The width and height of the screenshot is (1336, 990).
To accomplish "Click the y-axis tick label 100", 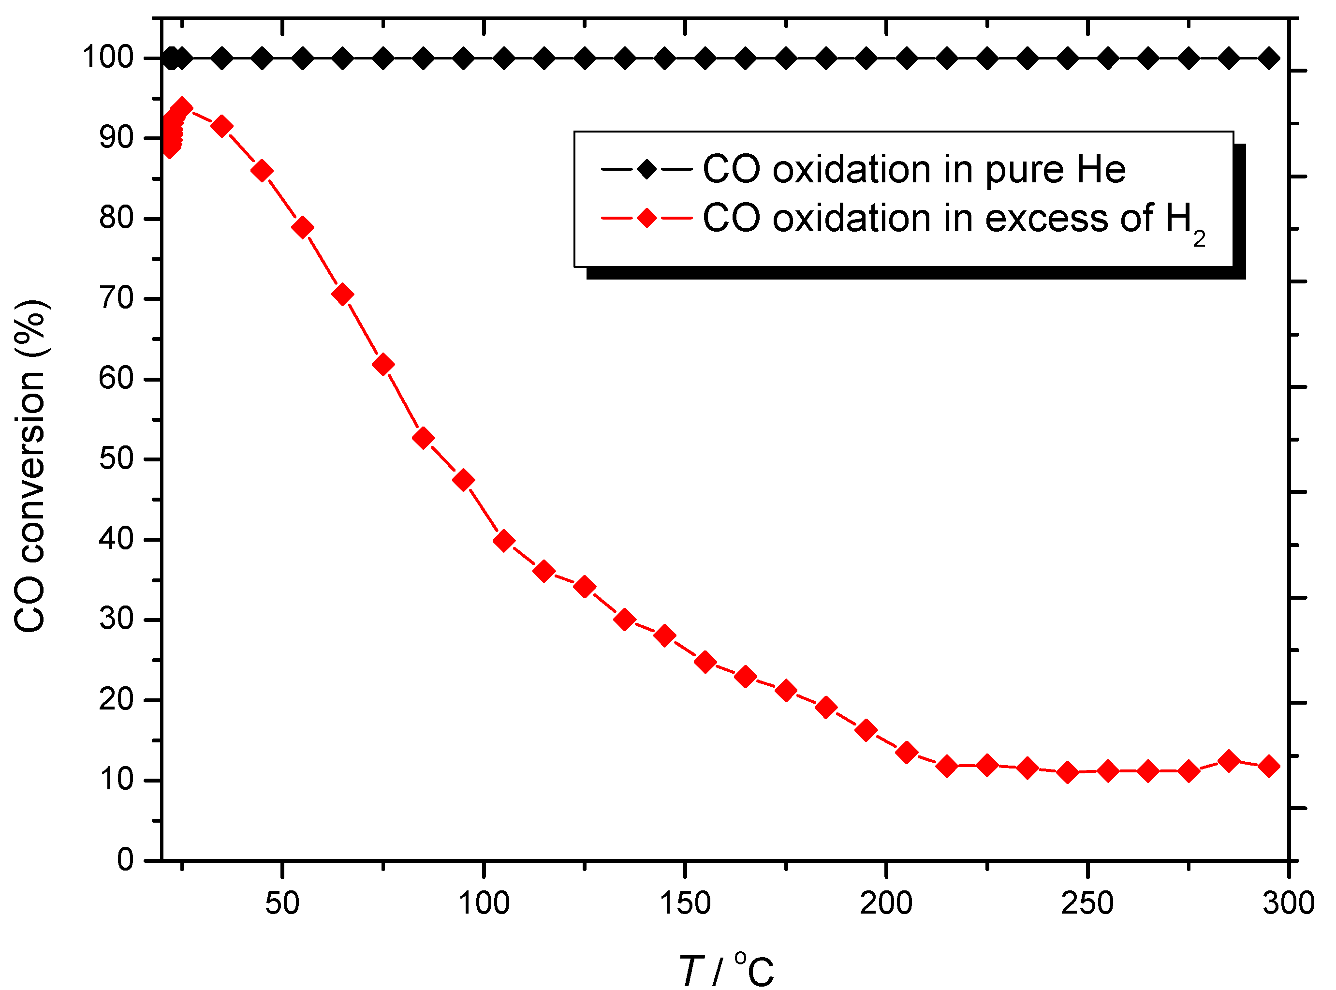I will (x=108, y=58).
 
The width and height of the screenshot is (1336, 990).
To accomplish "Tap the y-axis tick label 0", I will (x=125, y=860).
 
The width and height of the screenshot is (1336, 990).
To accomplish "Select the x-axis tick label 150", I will (x=685, y=903).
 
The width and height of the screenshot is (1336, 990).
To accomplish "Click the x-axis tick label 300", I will (x=1288, y=903).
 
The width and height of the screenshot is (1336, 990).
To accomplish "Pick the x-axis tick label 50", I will (x=282, y=903).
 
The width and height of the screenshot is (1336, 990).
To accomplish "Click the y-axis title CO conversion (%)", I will (x=30, y=466).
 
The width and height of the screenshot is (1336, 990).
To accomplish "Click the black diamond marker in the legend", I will (x=647, y=169).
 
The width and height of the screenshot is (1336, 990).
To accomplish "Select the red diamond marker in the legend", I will (x=647, y=218).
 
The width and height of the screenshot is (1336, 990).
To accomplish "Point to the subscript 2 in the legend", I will (x=1199, y=239).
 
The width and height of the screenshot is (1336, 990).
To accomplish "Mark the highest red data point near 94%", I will (x=182, y=108).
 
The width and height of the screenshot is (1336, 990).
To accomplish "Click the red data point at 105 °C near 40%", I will (x=504, y=541).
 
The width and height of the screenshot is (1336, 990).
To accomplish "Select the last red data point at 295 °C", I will (x=1268, y=767).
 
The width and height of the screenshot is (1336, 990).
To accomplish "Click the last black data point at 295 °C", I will (x=1268, y=59).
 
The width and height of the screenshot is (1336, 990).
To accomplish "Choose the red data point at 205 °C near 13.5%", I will (x=907, y=752).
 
